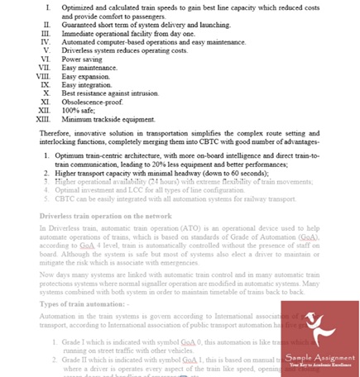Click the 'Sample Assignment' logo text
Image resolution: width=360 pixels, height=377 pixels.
tap(320, 359)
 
